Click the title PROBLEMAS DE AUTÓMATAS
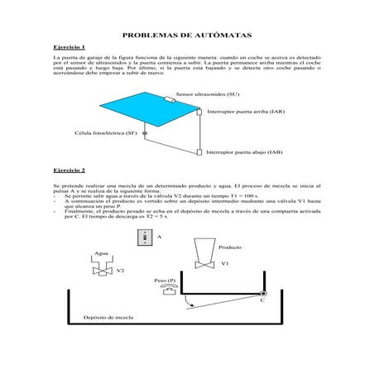187,36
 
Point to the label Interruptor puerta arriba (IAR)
246,111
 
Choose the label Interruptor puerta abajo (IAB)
245,153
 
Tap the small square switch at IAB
199,152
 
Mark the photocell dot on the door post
145,132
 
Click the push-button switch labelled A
144,237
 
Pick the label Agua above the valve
102,253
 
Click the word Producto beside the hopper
230,247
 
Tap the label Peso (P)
165,280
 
